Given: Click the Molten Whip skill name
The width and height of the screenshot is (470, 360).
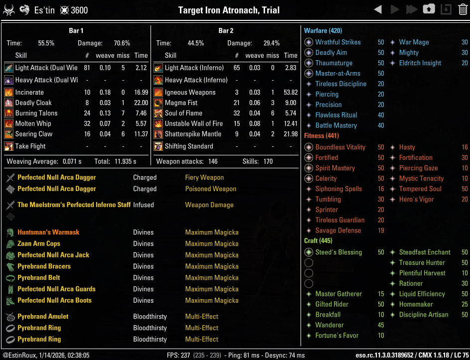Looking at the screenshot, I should (x=33, y=123).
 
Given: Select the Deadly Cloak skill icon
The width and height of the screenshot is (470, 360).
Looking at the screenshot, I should (x=8, y=103).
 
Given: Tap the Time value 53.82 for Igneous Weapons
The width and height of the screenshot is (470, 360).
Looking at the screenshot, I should (x=290, y=92).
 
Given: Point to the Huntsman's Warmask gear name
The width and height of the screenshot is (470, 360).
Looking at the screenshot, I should (x=48, y=232).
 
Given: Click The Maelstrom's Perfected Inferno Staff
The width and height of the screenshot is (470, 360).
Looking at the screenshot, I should (x=74, y=205).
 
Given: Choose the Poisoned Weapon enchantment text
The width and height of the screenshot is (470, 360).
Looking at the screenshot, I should (x=210, y=189).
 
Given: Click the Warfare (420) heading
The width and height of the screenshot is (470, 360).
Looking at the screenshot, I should (x=323, y=31).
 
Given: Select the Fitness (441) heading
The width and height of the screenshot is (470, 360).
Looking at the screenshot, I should (x=321, y=136).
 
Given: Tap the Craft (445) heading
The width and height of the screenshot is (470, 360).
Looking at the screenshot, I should (x=318, y=241).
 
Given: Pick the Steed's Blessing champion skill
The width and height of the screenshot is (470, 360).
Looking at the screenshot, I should (x=338, y=252).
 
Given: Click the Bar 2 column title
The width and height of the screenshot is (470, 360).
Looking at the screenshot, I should (x=226, y=31).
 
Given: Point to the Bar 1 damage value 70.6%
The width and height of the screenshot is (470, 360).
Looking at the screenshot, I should (x=122, y=43).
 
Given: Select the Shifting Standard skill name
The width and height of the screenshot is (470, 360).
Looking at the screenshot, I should (x=188, y=146).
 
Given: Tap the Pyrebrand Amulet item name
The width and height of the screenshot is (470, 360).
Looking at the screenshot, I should (x=43, y=316).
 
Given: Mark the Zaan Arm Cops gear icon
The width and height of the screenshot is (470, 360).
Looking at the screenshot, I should (x=10, y=243).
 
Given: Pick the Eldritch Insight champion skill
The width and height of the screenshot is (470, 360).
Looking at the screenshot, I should (x=420, y=63).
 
